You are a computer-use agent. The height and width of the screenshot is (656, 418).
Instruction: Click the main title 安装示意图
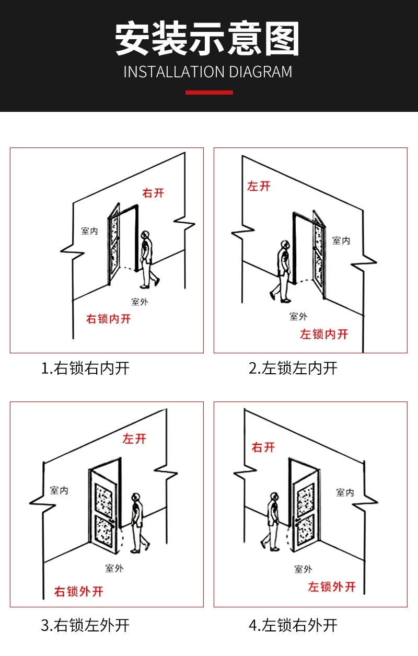pyautogui.click(x=208, y=39)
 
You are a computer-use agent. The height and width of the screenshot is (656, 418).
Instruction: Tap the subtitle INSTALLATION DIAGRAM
pyautogui.click(x=208, y=72)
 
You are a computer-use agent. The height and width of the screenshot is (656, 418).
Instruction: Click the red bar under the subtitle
pyautogui.click(x=209, y=93)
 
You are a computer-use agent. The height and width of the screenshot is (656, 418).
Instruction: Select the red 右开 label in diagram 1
pyautogui.click(x=153, y=193)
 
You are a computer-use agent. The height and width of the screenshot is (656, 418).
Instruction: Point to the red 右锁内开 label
pyautogui.click(x=108, y=319)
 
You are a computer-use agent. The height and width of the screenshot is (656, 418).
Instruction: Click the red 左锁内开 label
pyautogui.click(x=324, y=335)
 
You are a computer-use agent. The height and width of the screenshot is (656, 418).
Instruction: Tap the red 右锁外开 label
pyautogui.click(x=79, y=592)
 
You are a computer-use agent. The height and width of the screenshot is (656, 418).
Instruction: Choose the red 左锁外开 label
pyautogui.click(x=332, y=587)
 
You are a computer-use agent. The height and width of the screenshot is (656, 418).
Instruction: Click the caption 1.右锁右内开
pyautogui.click(x=85, y=369)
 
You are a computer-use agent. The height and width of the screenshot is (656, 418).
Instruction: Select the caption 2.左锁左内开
pyautogui.click(x=293, y=369)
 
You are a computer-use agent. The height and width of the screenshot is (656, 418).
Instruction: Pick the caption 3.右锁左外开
pyautogui.click(x=85, y=625)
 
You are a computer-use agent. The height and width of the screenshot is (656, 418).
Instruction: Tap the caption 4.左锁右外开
pyautogui.click(x=293, y=625)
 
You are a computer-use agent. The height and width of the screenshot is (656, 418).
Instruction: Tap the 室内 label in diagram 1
pyautogui.click(x=89, y=231)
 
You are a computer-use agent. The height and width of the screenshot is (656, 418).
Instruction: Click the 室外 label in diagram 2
pyautogui.click(x=298, y=316)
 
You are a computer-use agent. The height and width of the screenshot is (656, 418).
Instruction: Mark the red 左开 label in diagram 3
pyautogui.click(x=134, y=439)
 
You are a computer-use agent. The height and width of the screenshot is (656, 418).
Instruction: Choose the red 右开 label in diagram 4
pyautogui.click(x=263, y=447)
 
